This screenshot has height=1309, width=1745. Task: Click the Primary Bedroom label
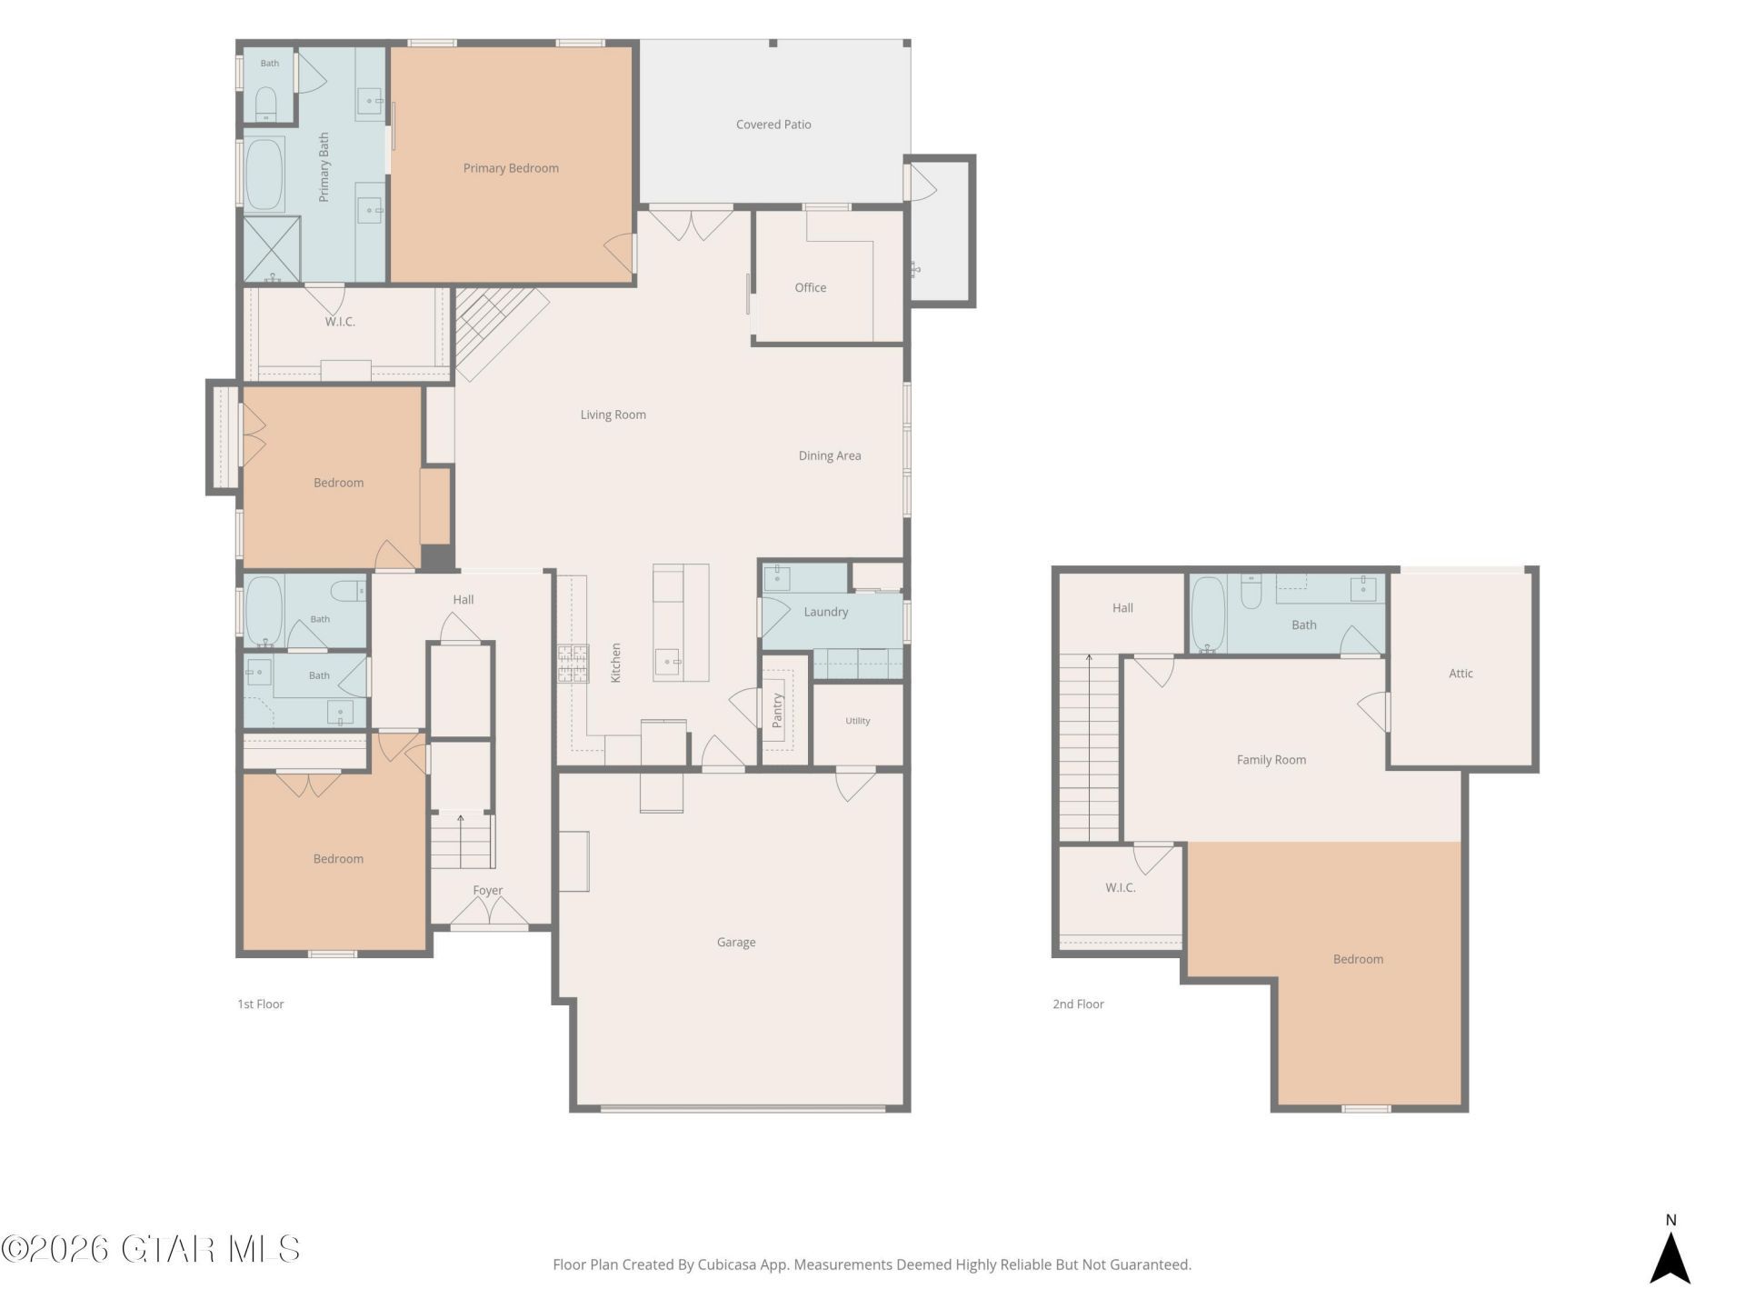[511, 168]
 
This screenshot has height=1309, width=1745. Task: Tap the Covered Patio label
[773, 125]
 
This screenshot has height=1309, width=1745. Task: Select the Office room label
[811, 287]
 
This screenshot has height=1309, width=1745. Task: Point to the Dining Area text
[830, 455]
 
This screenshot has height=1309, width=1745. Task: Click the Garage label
[736, 943]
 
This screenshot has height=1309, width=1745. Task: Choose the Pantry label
[777, 711]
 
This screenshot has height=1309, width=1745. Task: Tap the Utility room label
[858, 721]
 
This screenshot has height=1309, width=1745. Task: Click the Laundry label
[826, 612]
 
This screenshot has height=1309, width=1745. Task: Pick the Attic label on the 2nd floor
[1461, 674]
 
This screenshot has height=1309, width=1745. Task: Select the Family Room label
[1271, 760]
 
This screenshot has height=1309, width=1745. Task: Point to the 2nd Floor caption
[1078, 1004]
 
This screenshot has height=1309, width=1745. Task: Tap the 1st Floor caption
[261, 1004]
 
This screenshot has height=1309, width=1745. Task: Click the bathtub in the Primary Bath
[264, 174]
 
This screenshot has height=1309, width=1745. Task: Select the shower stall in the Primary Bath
[271, 248]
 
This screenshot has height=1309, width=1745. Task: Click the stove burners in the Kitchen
[573, 663]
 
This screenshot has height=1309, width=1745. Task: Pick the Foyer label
[488, 891]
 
